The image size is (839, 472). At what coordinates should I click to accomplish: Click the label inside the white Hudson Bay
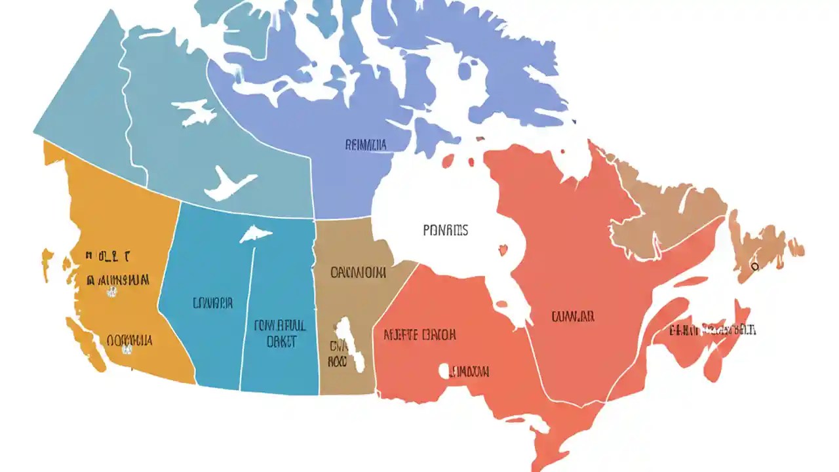(x=445, y=230)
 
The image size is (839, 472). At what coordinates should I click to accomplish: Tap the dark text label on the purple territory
(x=365, y=145)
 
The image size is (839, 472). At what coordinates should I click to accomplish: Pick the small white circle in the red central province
(x=444, y=370)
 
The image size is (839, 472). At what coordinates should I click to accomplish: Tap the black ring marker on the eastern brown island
(x=755, y=266)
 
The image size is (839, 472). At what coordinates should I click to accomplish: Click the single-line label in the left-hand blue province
(x=212, y=303)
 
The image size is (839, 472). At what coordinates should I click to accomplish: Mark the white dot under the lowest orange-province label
(x=127, y=351)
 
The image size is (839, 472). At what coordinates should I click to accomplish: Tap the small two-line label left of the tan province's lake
(x=337, y=353)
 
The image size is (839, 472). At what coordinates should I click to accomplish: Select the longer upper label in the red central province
(x=419, y=335)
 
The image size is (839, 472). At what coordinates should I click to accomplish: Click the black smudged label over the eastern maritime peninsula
(x=712, y=330)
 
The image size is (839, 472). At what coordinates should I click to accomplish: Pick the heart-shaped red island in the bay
(x=503, y=250)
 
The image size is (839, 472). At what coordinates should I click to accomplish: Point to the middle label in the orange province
(x=118, y=281)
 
